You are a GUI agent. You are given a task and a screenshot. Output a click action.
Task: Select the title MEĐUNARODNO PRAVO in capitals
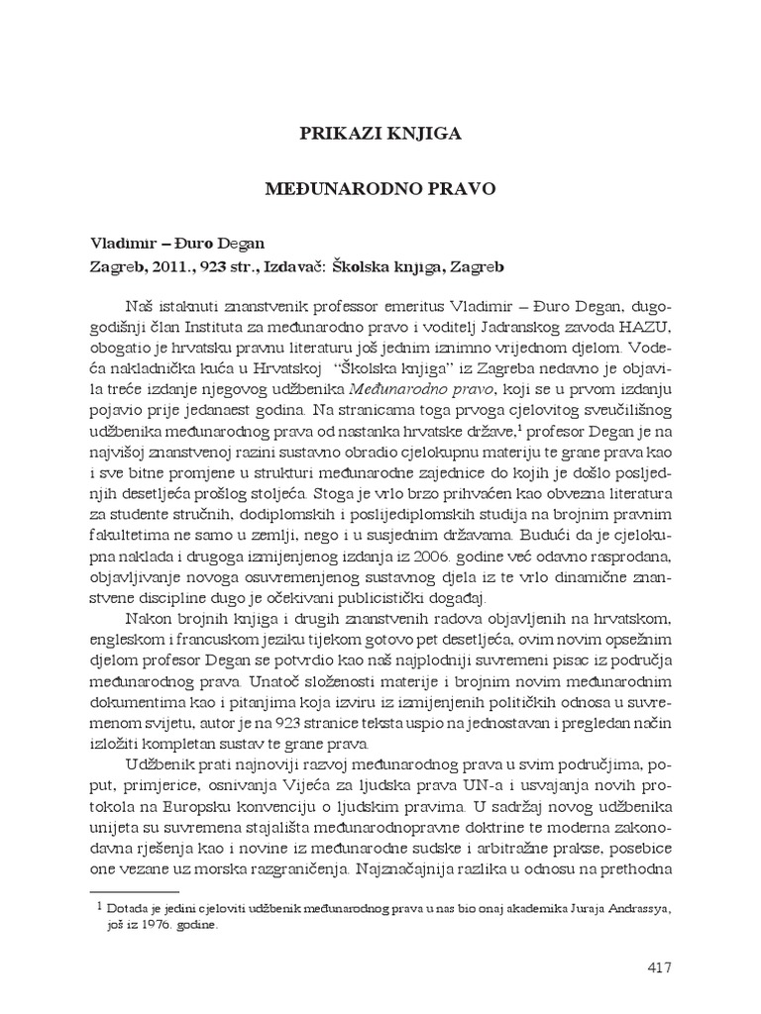(x=380, y=185)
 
